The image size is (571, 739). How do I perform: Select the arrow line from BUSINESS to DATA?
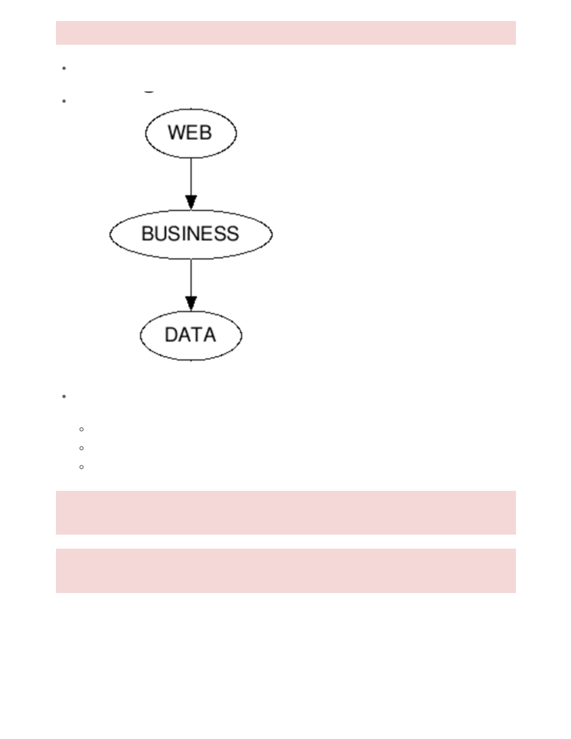click(191, 277)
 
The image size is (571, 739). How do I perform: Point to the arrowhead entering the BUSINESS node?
click(191, 202)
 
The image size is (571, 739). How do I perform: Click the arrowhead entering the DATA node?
click(191, 303)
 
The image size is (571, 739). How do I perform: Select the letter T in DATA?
click(197, 335)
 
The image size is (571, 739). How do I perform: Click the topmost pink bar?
click(285, 33)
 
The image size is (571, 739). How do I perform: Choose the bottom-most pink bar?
click(285, 571)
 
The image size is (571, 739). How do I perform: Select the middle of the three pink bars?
click(285, 512)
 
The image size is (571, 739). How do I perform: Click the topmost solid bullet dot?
click(64, 69)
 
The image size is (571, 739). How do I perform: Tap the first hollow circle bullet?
click(82, 429)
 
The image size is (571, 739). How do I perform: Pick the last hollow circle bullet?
click(82, 467)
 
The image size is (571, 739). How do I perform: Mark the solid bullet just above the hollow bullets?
click(64, 397)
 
